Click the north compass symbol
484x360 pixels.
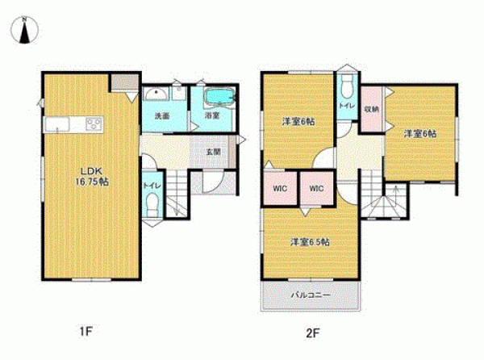click(x=24, y=30)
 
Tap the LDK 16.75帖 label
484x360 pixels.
click(x=92, y=176)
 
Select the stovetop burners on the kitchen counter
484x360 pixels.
click(x=94, y=125)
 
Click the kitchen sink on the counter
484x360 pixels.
click(x=57, y=125)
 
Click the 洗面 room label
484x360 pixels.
click(x=162, y=116)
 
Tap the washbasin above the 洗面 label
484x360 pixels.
click(x=156, y=94)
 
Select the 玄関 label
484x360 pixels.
click(x=214, y=152)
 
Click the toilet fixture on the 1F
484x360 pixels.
click(x=152, y=204)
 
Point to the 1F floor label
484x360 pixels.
click(x=86, y=332)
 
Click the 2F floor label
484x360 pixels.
click(x=312, y=333)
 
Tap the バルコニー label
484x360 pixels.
click(x=311, y=295)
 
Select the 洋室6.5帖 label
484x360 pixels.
click(x=310, y=242)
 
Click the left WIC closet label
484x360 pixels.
click(x=280, y=188)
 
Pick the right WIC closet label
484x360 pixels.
click(x=316, y=188)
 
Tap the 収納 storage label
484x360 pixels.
click(x=371, y=109)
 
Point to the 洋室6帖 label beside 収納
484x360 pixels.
click(x=420, y=134)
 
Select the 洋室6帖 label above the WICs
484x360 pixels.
click(x=298, y=121)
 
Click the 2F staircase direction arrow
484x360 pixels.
click(x=396, y=195)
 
